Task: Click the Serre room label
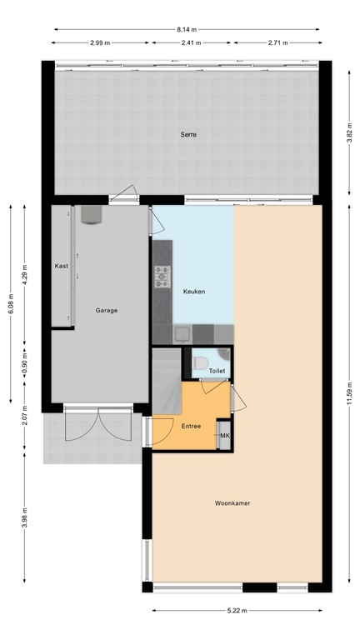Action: (187, 134)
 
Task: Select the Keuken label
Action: (193, 291)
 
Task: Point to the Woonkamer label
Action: (232, 503)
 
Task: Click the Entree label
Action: (191, 426)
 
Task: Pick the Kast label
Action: (61, 266)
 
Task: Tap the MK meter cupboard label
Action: (223, 434)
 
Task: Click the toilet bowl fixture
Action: (201, 363)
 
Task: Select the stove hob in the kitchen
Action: (162, 275)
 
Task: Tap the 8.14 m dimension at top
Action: (187, 29)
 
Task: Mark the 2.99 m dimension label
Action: (100, 42)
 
